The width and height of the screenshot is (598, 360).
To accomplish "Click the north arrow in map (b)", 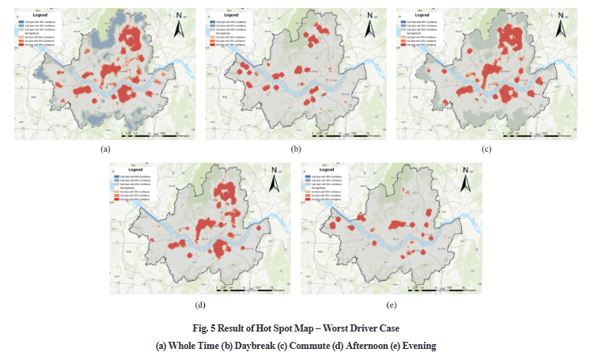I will (369, 28).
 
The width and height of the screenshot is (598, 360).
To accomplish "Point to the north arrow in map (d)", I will (273, 183).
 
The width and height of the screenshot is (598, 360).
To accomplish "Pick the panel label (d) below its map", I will (200, 304).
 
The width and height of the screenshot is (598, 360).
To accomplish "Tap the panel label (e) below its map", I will (392, 304).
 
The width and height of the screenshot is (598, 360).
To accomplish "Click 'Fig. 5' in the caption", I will (216, 328).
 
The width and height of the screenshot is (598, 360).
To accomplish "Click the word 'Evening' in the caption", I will (416, 346).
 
